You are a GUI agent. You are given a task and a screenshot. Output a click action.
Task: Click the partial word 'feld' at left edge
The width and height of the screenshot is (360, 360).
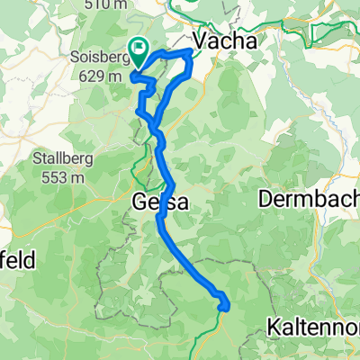[18, 261]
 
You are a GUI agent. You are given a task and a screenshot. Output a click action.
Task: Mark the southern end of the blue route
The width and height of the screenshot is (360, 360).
[222, 310]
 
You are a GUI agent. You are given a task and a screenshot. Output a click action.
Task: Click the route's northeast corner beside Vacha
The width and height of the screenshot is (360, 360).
[189, 54]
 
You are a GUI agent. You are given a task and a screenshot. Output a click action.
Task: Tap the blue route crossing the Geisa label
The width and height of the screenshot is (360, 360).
[163, 203]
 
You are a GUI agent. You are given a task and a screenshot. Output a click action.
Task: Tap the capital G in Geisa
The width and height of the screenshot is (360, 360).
[139, 203]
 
